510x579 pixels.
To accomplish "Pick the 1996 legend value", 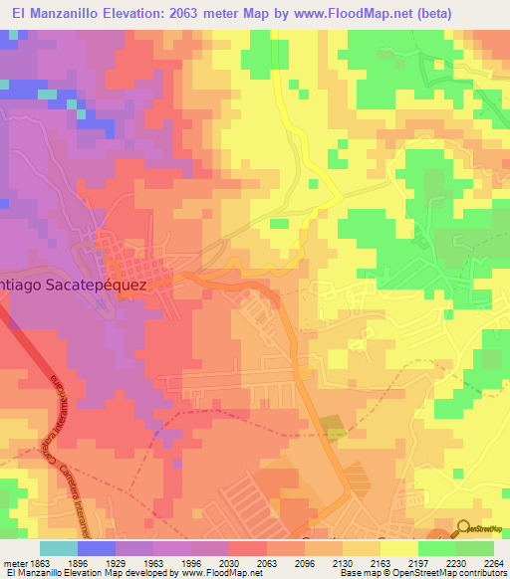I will (x=207, y=563).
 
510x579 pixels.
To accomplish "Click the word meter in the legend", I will (x=12, y=563).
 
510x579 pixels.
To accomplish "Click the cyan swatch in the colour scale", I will (x=58, y=548).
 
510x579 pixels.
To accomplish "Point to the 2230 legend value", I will (x=458, y=563).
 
